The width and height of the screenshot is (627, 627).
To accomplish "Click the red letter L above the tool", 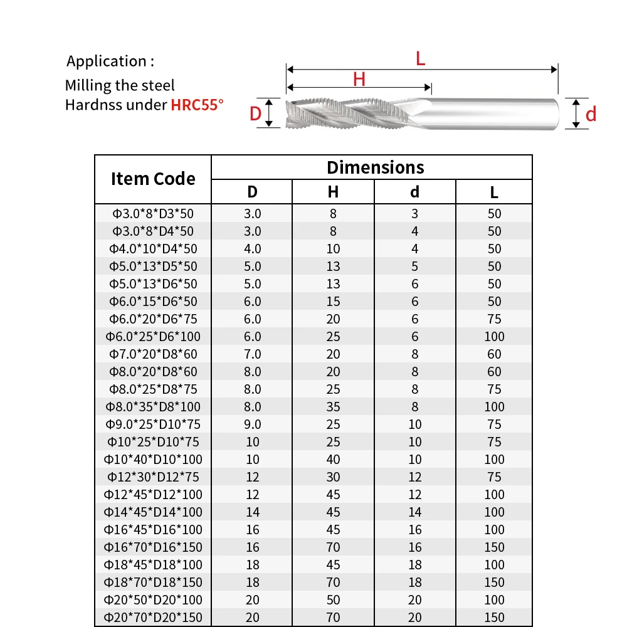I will coord(421,59).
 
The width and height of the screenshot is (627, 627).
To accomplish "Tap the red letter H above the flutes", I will coord(359,80).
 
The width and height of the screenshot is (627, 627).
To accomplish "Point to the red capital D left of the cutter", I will coord(255,113).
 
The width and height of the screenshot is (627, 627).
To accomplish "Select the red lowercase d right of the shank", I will coord(591,113).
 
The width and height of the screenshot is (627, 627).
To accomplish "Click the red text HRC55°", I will coord(197,104).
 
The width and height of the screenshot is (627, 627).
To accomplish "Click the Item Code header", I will coord(153,179).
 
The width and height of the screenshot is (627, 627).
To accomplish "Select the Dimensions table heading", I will coord(375,167).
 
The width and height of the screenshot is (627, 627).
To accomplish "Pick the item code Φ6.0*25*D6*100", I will coord(153,337).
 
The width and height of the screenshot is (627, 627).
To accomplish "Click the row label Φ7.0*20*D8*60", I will coord(153,354).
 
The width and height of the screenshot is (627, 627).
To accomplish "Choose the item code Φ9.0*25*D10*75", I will coord(153,424).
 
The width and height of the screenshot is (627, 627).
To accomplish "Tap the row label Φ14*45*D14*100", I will coord(153,512).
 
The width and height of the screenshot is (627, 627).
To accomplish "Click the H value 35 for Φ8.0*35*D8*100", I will coord(333,407).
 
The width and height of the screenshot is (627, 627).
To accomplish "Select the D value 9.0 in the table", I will coord(252,424).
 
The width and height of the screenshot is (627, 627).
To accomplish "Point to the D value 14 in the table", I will coord(252,512).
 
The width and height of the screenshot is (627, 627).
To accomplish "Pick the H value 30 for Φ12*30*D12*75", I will coord(333,477).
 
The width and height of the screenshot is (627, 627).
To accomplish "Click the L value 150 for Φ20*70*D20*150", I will coord(494,618).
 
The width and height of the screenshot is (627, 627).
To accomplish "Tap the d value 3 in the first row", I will coord(414,214).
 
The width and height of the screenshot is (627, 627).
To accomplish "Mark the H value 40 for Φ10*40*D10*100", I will coord(333,460).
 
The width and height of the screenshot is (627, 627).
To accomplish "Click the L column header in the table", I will coord(494,192).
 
